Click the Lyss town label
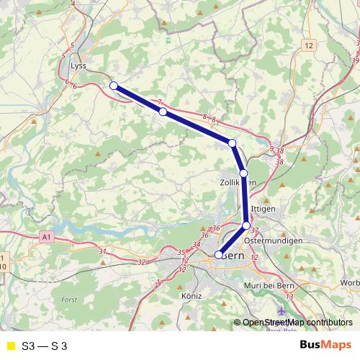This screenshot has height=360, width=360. click(x=78, y=65)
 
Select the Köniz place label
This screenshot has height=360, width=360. click(x=192, y=295)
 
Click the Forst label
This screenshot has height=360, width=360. click(x=69, y=298)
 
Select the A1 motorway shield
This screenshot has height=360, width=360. click(x=47, y=236)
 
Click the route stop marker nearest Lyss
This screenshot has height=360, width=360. click(x=114, y=86)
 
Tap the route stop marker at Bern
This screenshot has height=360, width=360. click(x=219, y=254)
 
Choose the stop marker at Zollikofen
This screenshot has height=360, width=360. click(x=243, y=173)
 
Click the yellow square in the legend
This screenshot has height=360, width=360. click(x=10, y=346)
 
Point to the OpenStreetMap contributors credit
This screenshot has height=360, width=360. click(x=297, y=322)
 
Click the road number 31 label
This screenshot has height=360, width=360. click(x=102, y=251)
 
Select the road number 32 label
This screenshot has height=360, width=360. click(x=140, y=262)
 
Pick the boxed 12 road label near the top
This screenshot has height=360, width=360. click(x=309, y=45)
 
